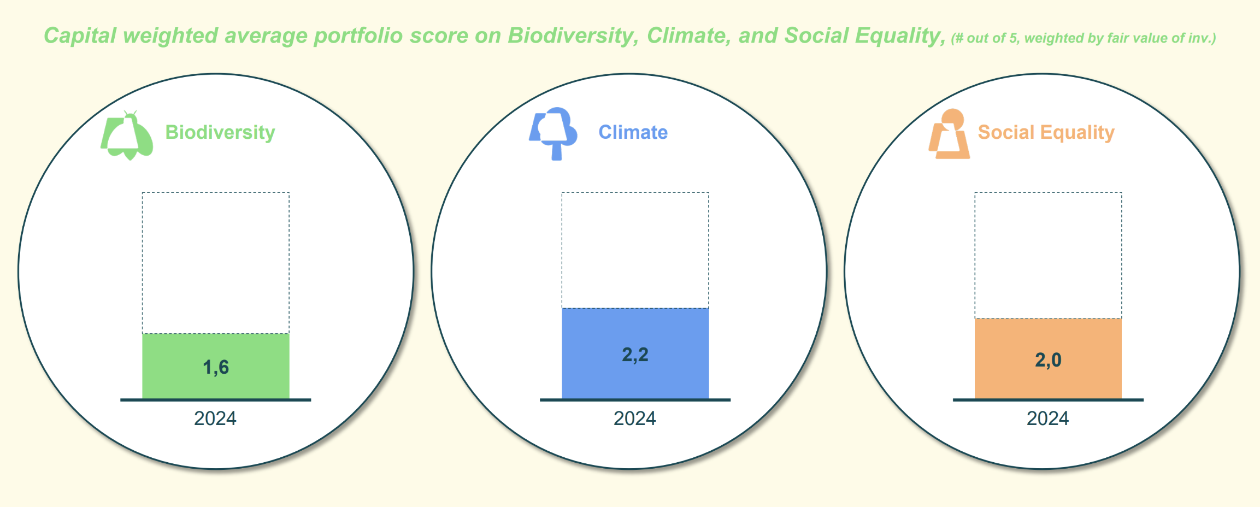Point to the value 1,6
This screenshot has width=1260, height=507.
click(216, 367)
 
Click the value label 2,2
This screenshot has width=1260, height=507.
click(635, 355)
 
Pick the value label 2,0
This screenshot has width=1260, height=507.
click(1048, 360)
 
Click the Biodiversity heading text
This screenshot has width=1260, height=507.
click(220, 133)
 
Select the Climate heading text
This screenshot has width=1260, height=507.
click(633, 133)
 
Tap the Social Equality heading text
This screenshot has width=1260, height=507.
click(1046, 133)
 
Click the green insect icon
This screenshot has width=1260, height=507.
click(128, 136)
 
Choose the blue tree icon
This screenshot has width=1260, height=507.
click(554, 133)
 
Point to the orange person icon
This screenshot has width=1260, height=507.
click(950, 134)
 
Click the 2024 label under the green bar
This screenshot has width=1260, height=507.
click(215, 418)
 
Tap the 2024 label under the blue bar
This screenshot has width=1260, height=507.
click(635, 418)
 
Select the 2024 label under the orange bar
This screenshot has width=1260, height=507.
click(1048, 418)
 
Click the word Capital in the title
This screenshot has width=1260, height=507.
click(80, 36)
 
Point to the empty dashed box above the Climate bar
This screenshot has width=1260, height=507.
click(635, 250)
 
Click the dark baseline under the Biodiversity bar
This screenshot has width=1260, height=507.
click(215, 400)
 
